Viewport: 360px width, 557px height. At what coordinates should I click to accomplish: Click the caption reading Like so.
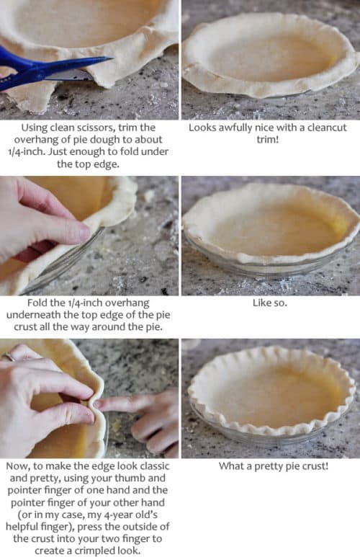tap(270, 303)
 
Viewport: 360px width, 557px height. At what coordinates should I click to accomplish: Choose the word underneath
tap(47, 315)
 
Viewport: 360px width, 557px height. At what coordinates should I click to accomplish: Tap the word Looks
tap(204, 127)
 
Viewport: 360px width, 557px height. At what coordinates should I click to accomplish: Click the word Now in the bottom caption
tap(19, 466)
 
